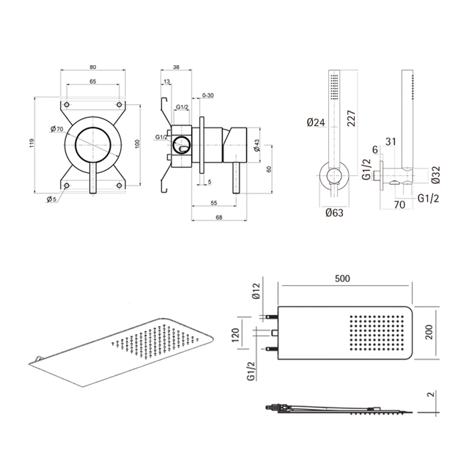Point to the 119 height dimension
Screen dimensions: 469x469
pyautogui.click(x=32, y=145)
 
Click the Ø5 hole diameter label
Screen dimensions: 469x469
pyautogui.click(x=52, y=199)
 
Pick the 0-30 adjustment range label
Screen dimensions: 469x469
pyautogui.click(x=207, y=96)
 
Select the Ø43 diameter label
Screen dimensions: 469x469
pyautogui.click(x=256, y=147)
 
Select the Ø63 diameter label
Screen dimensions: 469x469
pyautogui.click(x=335, y=213)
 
